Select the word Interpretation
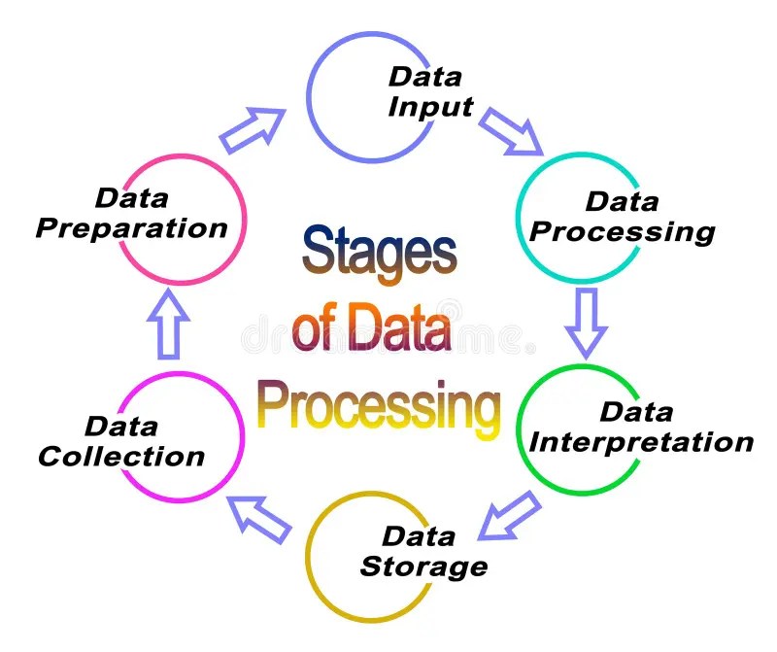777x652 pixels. coord(642,442)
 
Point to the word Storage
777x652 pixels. coord(423,565)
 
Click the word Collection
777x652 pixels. coord(122,456)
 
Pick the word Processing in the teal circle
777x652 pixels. coord(623,232)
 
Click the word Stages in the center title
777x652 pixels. coord(379,252)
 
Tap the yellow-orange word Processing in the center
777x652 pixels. coord(379,406)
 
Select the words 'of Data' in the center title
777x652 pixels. coord(372,328)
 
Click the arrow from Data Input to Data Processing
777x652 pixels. coord(512,131)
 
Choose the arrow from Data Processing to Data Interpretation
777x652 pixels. coord(587,322)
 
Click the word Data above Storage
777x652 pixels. coord(419,535)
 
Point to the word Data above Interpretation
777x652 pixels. coord(635,412)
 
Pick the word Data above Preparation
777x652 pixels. coord(131,198)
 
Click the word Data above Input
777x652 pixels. coord(423,76)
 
